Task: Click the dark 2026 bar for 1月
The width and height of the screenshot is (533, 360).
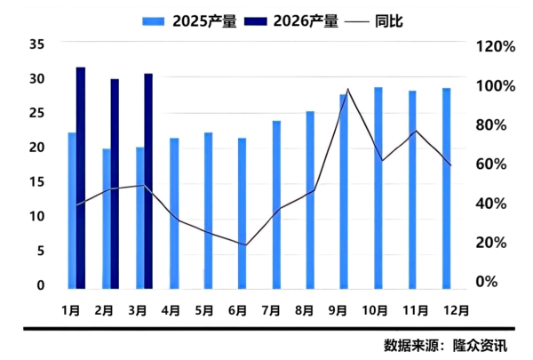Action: click(81, 178)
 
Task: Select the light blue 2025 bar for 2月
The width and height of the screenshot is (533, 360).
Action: click(107, 218)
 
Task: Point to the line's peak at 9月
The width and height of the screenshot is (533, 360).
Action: click(348, 89)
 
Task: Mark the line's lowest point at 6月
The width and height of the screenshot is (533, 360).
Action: click(245, 245)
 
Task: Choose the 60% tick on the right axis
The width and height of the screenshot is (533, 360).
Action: click(496, 164)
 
